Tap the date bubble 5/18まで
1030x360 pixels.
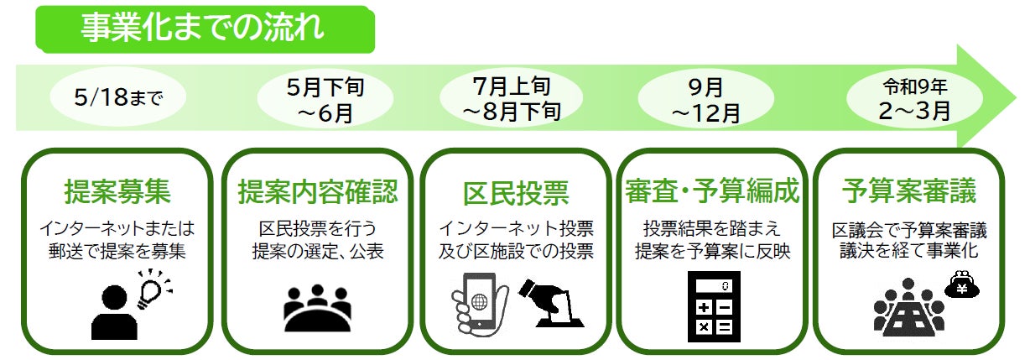118,99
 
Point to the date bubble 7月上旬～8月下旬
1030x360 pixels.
512,99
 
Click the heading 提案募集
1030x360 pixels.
118,192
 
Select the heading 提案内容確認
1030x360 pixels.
317,192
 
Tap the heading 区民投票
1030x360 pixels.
515,192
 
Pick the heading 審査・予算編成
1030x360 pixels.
711,192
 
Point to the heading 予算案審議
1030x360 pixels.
908,192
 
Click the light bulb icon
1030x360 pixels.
153,287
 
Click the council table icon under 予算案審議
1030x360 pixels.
908,310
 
